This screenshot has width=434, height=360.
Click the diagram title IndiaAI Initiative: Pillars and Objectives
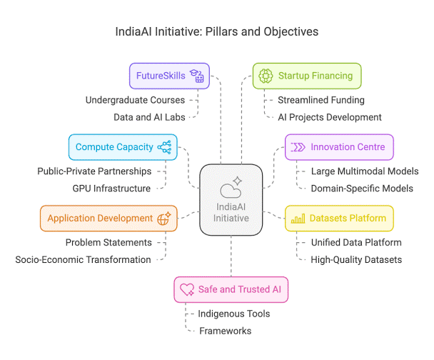click(217, 32)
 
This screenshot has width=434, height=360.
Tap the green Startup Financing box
click(307, 75)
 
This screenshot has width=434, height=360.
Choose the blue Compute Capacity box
click(123, 147)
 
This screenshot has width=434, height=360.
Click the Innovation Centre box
click(339, 147)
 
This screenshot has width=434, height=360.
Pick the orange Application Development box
click(108, 218)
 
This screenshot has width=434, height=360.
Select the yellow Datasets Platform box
click(339, 218)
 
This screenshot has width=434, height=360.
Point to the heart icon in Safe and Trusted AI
click(187, 290)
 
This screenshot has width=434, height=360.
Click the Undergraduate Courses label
click(136, 99)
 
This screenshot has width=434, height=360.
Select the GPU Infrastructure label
click(111, 189)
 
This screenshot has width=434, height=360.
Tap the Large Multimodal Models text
click(365, 171)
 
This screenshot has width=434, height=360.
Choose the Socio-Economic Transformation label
click(83, 259)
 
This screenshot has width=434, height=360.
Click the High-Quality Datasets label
click(356, 259)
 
